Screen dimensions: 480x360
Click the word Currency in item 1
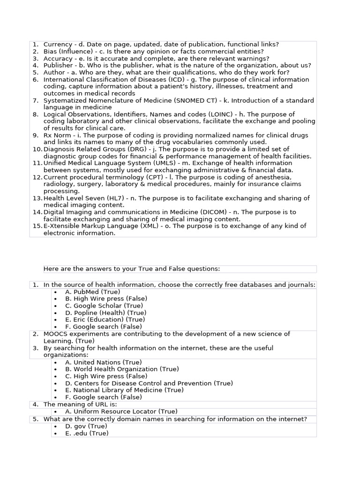(x=58, y=45)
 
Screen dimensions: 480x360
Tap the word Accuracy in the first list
(x=58, y=59)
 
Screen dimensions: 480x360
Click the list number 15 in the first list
(x=37, y=226)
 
